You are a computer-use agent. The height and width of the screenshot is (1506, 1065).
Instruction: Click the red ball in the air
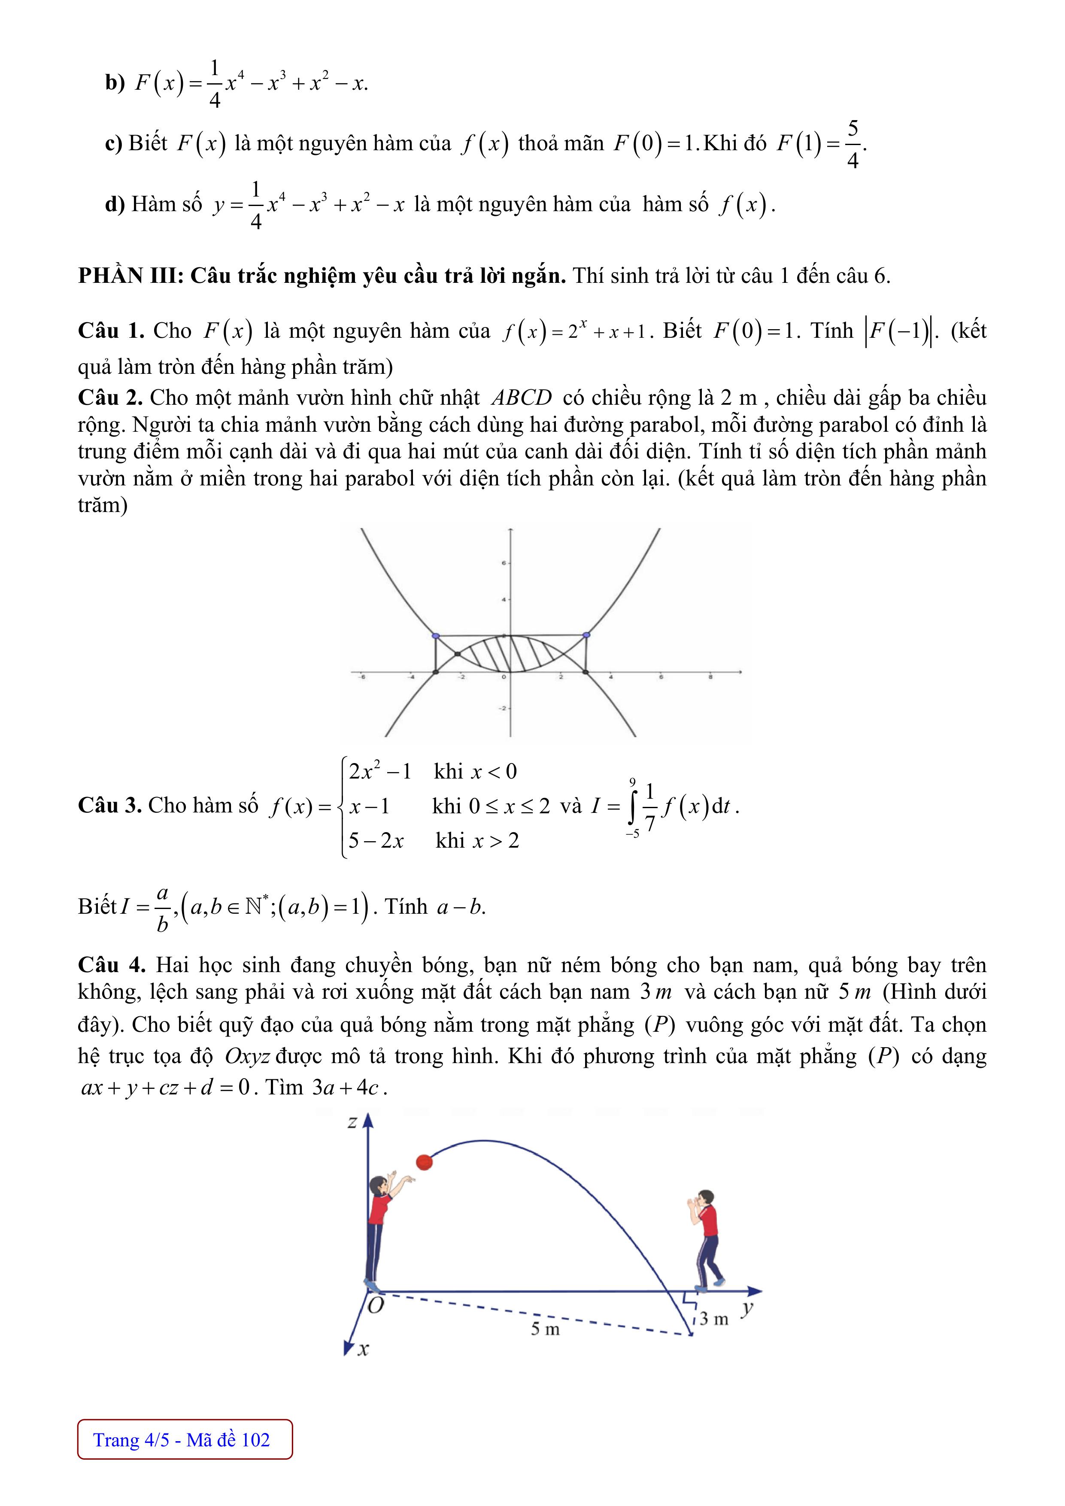pyautogui.click(x=425, y=1162)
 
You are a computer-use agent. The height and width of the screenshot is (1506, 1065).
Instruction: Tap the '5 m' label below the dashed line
pyautogui.click(x=545, y=1329)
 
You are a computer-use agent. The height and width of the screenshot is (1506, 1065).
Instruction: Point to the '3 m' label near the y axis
pyautogui.click(x=714, y=1318)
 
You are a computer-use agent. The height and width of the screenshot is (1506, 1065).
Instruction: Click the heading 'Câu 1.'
pyautogui.click(x=110, y=330)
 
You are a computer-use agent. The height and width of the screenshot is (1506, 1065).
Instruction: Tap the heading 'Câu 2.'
pyautogui.click(x=110, y=397)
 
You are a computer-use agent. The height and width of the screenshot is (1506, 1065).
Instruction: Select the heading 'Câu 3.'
pyautogui.click(x=109, y=805)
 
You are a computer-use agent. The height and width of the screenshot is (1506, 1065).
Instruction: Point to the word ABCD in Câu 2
pyautogui.click(x=522, y=397)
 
